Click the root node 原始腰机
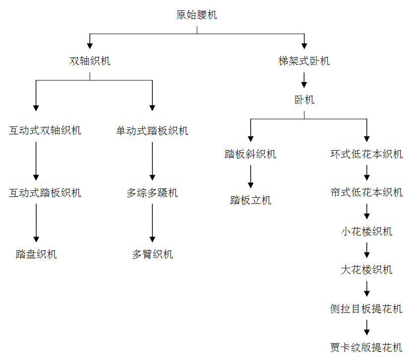[197, 15]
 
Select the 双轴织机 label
[90, 61]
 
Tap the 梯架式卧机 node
[304, 61]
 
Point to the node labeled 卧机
[304, 100]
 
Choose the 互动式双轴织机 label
[45, 131]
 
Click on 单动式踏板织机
[152, 131]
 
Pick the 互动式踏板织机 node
[45, 193]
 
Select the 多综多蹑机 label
[152, 193]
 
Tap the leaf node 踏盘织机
[36, 254]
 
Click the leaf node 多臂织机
[152, 254]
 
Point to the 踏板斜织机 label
[250, 154]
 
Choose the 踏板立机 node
[250, 201]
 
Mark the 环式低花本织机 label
[366, 154]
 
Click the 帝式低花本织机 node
[366, 192]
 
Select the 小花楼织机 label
[366, 232]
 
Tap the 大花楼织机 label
[366, 270]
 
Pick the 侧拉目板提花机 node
[366, 309]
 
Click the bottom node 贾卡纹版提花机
[366, 348]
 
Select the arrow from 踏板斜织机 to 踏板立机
[250, 177]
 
